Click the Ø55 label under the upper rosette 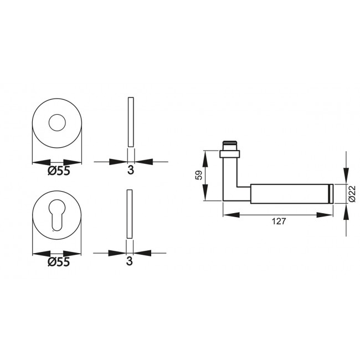click(x=59, y=171)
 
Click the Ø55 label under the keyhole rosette click(x=59, y=261)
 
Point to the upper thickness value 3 click(x=130, y=171)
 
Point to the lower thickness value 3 click(x=130, y=261)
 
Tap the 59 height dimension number click(x=198, y=176)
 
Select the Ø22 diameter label click(x=352, y=193)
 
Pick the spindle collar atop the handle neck click(x=230, y=151)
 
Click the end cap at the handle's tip click(x=331, y=193)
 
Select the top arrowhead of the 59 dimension click(x=205, y=158)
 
